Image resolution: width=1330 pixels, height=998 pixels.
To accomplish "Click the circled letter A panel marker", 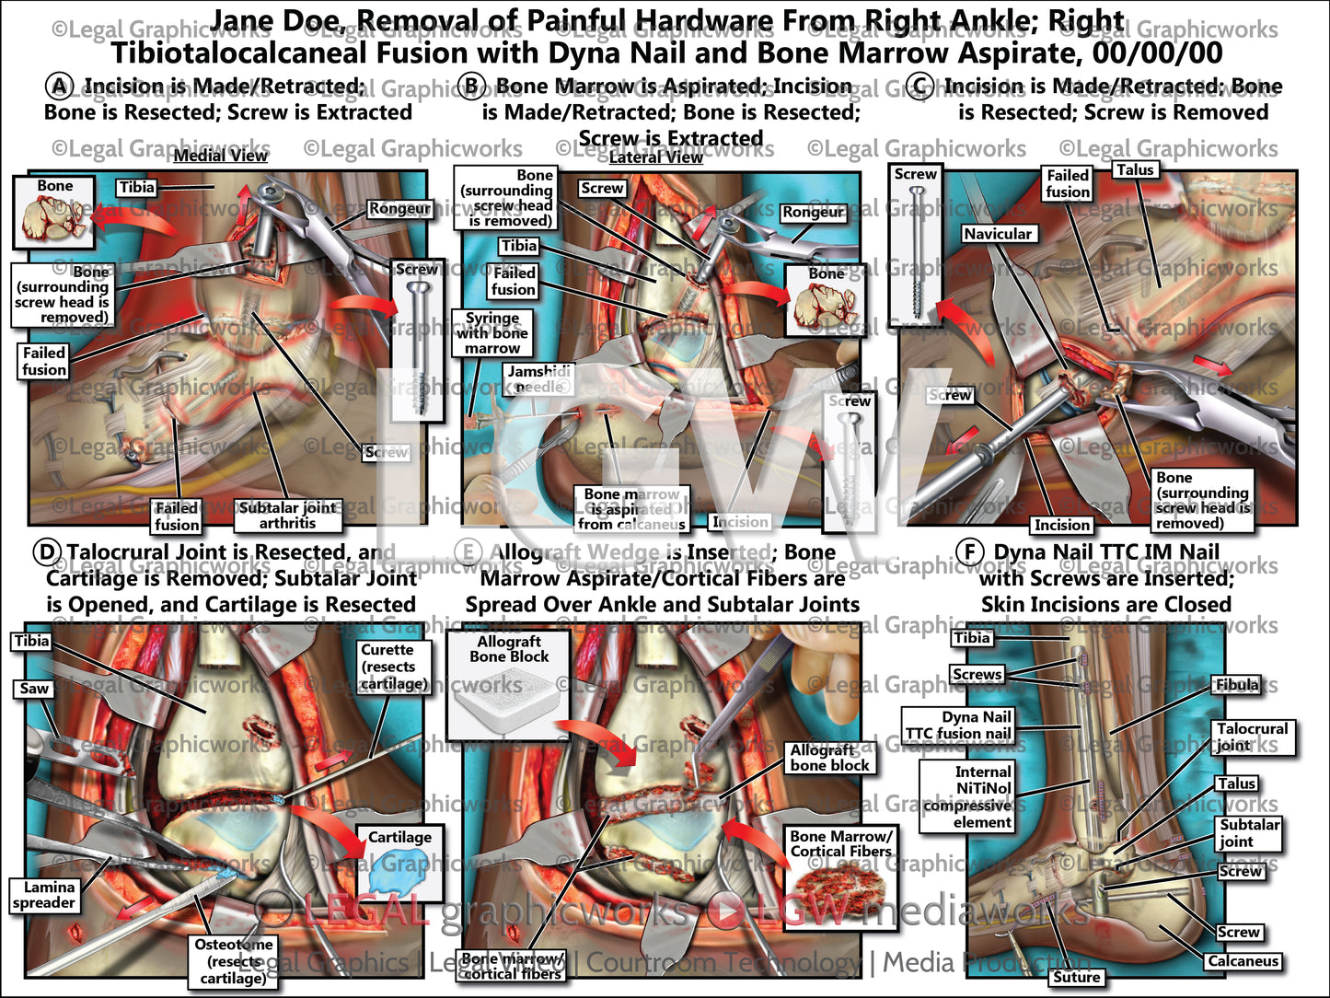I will coord(59,87).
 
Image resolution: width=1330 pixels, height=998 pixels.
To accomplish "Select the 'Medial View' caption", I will coord(220,156).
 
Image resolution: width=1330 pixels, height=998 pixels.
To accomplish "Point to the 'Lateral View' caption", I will coord(655,157).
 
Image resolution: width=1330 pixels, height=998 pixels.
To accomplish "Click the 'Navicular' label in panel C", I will coord(998,234).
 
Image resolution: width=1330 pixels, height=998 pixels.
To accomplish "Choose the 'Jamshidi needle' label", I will coord(539,378).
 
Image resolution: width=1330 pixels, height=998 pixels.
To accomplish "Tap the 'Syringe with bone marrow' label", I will coord(492,332).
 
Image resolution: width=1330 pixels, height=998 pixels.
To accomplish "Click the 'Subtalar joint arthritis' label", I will coord(287,515).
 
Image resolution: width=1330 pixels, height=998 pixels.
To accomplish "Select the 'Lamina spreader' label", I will coord(43,895).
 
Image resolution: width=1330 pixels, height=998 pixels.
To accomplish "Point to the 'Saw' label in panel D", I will coord(34,688).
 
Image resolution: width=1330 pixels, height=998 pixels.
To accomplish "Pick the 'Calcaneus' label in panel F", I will coord(1243,961).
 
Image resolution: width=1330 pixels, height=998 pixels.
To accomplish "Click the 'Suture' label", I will coord(1076,977).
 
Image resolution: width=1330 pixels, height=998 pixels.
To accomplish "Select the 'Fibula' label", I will coord(1236,684).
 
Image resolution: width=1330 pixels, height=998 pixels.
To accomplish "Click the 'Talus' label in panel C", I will coord(1135,169).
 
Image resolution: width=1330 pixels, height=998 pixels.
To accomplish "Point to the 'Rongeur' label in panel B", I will coord(813,212).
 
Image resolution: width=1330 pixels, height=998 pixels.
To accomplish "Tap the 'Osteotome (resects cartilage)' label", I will coord(233,960).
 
